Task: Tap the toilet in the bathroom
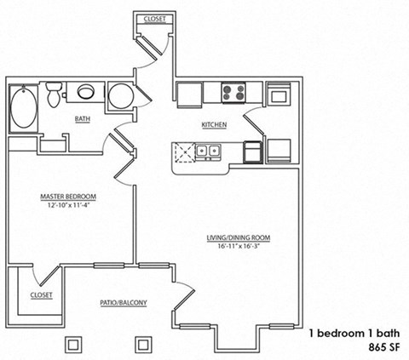click(54, 94)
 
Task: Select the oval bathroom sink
click(86, 93)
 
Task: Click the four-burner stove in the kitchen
click(233, 92)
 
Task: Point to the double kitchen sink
click(207, 152)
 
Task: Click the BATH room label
click(83, 120)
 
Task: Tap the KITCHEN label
click(213, 125)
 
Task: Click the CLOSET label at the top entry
click(154, 18)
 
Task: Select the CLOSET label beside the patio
click(40, 294)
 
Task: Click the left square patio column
click(73, 343)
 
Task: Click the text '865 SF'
click(385, 348)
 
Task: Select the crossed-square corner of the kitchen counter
click(181, 153)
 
